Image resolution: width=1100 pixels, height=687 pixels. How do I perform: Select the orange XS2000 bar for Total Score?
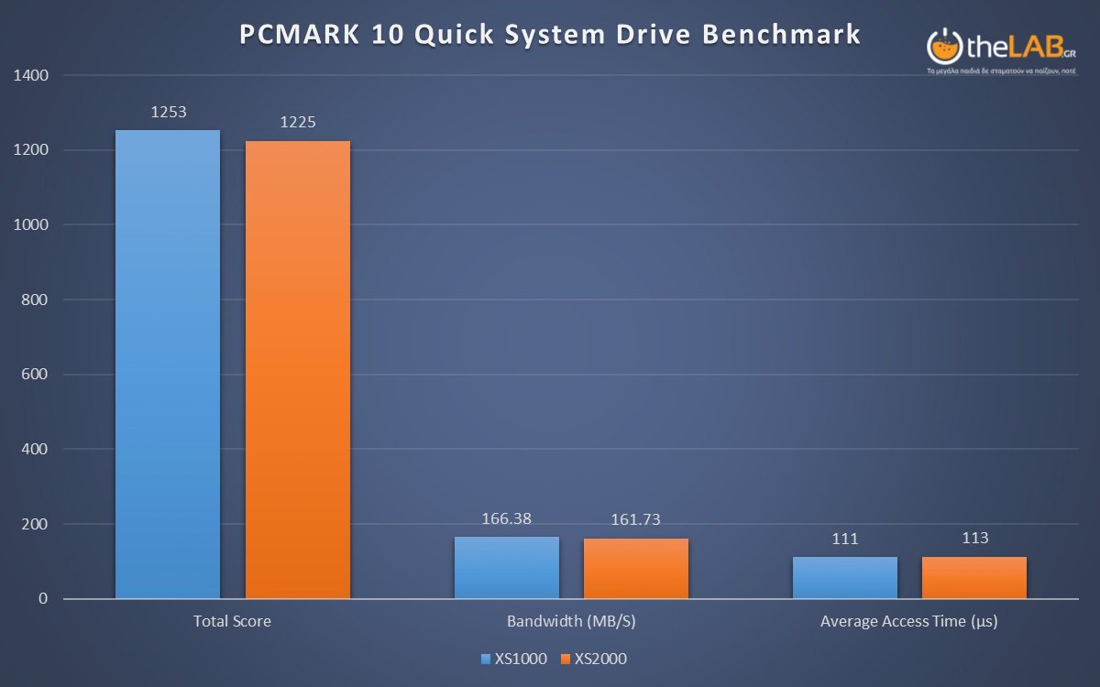[297, 370]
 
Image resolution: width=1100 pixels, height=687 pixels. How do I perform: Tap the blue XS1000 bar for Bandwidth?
[507, 568]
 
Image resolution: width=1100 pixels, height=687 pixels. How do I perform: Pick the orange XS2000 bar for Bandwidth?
[636, 569]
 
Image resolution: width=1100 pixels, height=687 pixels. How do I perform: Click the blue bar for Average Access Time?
[845, 578]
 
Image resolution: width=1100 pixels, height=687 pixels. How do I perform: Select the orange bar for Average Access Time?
[974, 578]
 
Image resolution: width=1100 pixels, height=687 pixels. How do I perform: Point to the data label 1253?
[169, 113]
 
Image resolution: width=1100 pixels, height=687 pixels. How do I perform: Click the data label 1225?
[298, 122]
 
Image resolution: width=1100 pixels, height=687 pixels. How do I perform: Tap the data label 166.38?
[507, 518]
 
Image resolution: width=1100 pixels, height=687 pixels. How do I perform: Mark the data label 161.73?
[636, 520]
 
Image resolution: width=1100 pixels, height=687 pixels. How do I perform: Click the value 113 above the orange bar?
[975, 539]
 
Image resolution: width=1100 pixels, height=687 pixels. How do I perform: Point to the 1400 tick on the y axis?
[31, 75]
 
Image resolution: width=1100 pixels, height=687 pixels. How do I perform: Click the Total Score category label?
[232, 621]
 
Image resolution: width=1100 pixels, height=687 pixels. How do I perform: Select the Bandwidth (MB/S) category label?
[571, 621]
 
